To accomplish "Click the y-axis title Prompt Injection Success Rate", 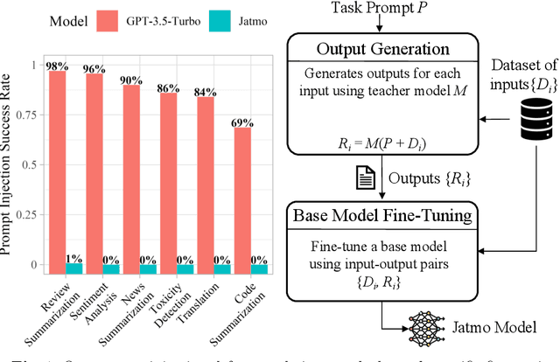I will pyautogui.click(x=11, y=164).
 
